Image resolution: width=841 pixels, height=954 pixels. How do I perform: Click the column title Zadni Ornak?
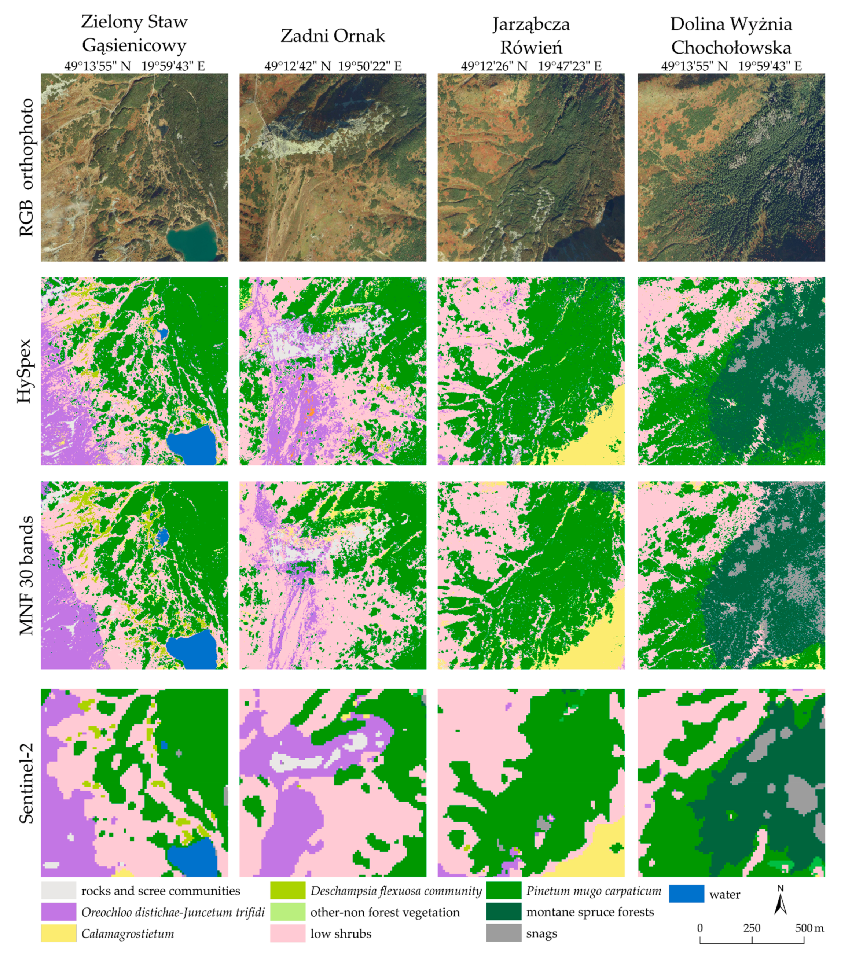coord(333,36)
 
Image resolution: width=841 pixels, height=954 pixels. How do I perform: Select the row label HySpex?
coord(24,371)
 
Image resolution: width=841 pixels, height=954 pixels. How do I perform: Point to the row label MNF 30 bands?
coord(26,575)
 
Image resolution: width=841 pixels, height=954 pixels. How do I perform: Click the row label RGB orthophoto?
coord(26,167)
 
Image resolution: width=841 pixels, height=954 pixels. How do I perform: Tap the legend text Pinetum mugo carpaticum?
coord(594,891)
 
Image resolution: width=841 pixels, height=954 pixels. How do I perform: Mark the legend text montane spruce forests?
coord(590,911)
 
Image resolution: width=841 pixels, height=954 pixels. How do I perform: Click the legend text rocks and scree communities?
coord(161,891)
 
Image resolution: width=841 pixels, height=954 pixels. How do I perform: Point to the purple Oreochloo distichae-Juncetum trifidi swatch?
coord(58,911)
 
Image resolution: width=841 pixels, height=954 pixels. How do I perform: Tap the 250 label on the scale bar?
coord(752,927)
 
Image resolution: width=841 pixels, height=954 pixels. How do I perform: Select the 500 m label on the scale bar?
coord(809,927)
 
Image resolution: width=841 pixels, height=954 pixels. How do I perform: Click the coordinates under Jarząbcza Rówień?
coord(531,66)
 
